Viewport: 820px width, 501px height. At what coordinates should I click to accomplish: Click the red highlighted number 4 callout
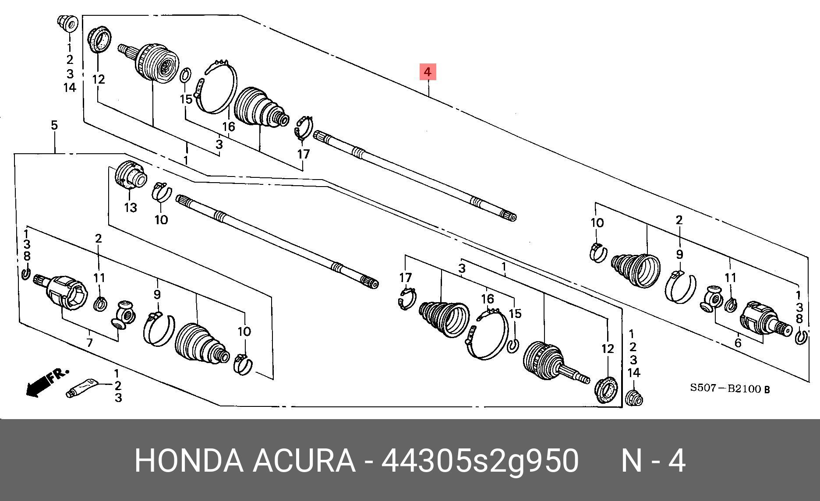click(428, 72)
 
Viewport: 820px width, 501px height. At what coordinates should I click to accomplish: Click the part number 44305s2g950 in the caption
click(480, 461)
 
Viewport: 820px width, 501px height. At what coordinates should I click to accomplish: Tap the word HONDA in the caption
click(188, 461)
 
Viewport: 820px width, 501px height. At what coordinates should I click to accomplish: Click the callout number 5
click(54, 125)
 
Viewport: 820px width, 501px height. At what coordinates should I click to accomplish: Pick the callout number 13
click(131, 208)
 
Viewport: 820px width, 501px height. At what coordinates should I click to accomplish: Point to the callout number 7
click(89, 342)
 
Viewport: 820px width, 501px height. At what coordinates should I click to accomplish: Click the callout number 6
click(738, 343)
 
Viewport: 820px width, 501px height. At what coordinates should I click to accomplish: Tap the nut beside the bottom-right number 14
click(634, 398)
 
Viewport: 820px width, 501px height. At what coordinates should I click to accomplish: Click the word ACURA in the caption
click(304, 461)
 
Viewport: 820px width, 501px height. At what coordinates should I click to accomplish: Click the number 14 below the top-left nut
click(70, 88)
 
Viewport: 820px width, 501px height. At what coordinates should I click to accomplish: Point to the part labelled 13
click(130, 175)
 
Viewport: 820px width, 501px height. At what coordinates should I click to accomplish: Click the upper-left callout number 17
click(303, 154)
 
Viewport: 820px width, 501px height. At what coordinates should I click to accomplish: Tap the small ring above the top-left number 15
click(185, 75)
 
